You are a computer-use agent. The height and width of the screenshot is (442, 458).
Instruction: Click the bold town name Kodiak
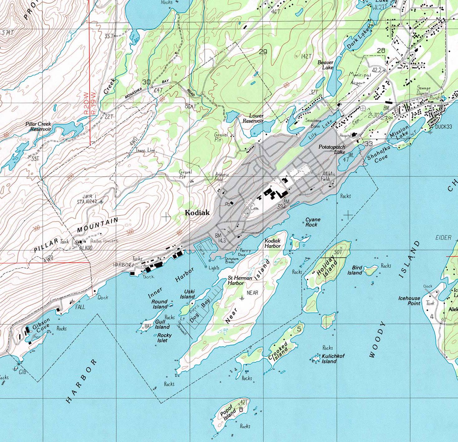point(197,213)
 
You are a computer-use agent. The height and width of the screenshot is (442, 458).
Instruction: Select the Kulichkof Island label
point(333,359)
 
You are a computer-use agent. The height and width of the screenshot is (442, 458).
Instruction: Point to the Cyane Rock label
point(312,222)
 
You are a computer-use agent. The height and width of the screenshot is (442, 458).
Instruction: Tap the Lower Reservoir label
point(253,118)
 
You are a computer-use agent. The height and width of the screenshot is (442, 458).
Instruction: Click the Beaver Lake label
point(326,65)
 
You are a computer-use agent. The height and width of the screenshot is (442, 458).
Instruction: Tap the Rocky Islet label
point(164,338)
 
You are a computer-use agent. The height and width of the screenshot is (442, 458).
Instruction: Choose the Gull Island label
point(162,324)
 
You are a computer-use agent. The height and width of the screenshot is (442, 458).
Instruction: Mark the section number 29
point(263,52)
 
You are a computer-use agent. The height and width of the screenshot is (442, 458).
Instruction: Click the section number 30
point(146,82)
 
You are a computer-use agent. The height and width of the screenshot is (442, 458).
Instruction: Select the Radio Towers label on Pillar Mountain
point(104,241)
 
